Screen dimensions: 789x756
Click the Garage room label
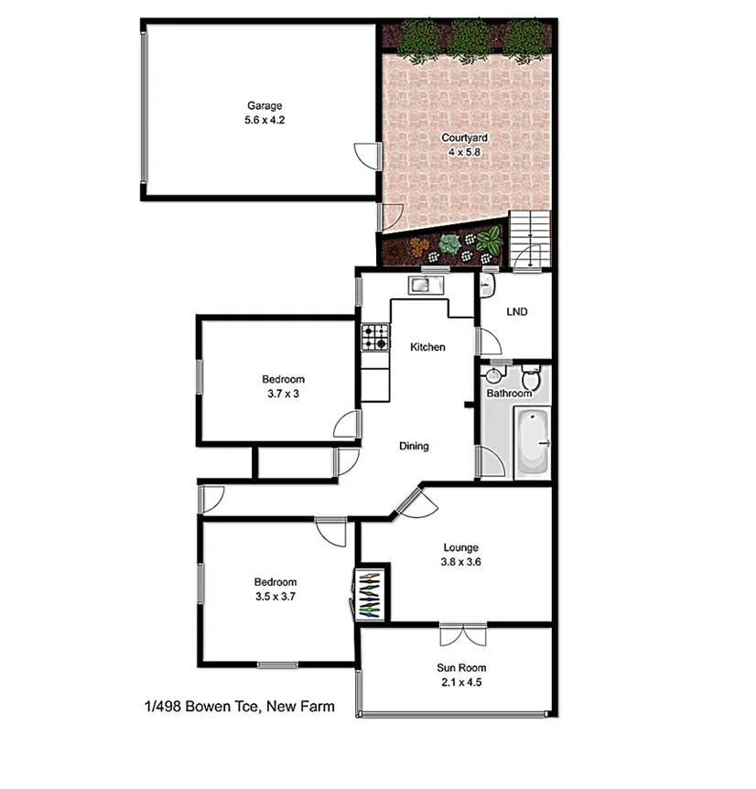coord(263,112)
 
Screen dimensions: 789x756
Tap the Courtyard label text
coord(464,145)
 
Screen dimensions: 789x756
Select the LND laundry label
coord(516,312)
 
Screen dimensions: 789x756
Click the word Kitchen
coord(427,347)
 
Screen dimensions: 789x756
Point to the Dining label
coord(414,447)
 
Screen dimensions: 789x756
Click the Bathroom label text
coord(509,394)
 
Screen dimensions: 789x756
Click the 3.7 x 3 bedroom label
coord(283,386)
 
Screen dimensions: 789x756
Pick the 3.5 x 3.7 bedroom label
coord(275,589)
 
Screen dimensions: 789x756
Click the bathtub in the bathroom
coord(532,444)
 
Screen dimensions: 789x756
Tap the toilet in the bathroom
coord(531,377)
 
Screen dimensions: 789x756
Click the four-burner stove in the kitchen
coord(374,338)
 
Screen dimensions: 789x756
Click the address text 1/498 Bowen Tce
coord(238,706)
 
